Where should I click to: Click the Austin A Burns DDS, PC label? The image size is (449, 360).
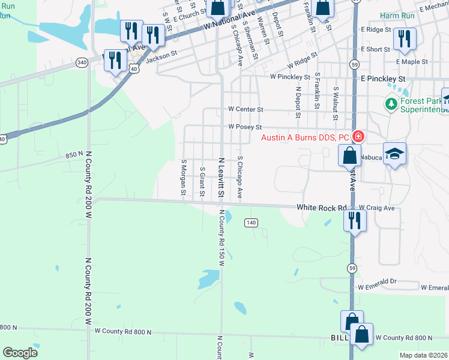click(x=306, y=137)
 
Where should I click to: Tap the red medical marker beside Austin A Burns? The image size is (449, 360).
click(x=358, y=137)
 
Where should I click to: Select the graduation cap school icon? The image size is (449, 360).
click(x=394, y=154)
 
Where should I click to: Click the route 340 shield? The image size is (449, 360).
click(x=82, y=62)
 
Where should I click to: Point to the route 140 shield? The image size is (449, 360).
click(x=251, y=223)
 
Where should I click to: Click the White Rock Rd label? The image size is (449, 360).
click(x=322, y=208)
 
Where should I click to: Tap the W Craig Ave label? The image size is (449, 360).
click(x=377, y=208)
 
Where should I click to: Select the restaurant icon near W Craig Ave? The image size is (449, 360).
click(x=355, y=220)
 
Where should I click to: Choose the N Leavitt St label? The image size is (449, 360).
click(x=221, y=178)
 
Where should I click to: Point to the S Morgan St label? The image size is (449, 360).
click(x=183, y=177)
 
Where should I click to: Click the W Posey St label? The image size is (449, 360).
click(x=246, y=127)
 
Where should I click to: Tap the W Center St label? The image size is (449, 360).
click(x=246, y=110)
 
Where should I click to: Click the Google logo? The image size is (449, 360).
click(x=20, y=353)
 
